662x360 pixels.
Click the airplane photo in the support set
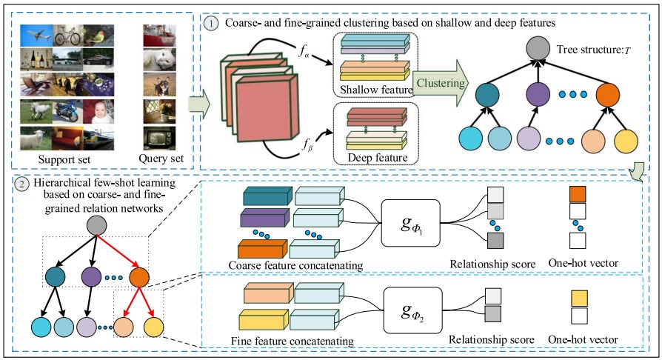click(38, 36)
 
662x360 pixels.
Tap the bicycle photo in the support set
click(67, 36)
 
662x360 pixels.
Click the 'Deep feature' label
click(368, 159)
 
